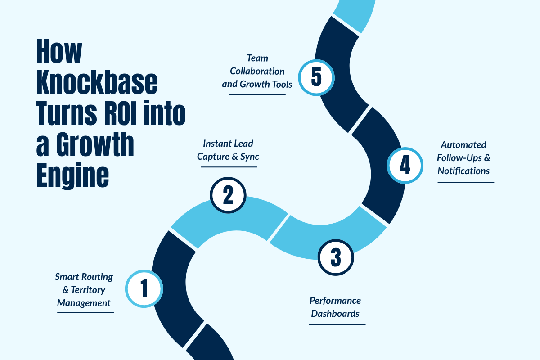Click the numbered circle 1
click(x=144, y=288)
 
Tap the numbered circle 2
click(x=228, y=195)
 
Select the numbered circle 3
click(x=336, y=258)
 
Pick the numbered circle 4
click(x=405, y=165)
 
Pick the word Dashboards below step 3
click(x=335, y=313)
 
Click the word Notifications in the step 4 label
click(x=463, y=171)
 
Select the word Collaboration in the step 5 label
click(x=257, y=71)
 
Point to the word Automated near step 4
click(x=463, y=145)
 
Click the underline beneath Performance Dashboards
click(x=337, y=324)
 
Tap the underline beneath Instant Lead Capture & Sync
click(x=229, y=167)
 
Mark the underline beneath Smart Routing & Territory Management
click(x=85, y=312)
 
